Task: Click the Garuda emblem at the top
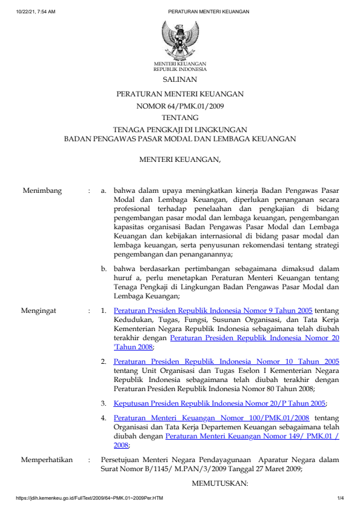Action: coord(179,39)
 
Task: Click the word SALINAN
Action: coord(179,79)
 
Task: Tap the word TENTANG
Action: coord(179,118)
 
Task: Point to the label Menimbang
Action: coord(42,191)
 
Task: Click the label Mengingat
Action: coord(39,310)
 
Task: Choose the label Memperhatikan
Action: coord(47,460)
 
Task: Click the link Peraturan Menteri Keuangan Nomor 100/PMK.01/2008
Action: coord(212,418)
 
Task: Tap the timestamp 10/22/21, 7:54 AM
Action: coord(36,12)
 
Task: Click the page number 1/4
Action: coord(341,498)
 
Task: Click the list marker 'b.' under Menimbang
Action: coord(105,268)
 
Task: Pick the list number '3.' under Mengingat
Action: coord(104,403)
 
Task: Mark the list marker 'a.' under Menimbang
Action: coord(105,191)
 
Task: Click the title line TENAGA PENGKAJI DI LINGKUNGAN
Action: coord(180,129)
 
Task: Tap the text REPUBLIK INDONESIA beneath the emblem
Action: coord(179,69)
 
